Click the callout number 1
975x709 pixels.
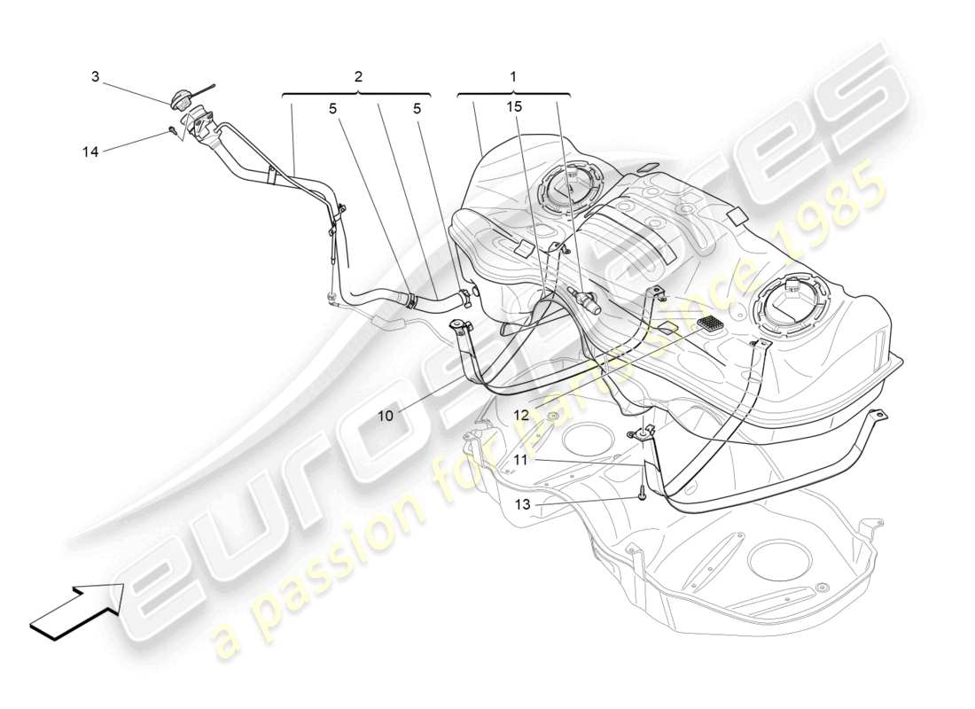(x=512, y=77)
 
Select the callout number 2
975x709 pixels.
(x=357, y=77)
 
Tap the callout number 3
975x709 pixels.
(x=95, y=77)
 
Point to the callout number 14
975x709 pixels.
(x=90, y=152)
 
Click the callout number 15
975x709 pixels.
(x=516, y=106)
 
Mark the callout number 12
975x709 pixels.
(x=520, y=414)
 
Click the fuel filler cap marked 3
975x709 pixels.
(x=183, y=99)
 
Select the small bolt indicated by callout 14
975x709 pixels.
(x=170, y=133)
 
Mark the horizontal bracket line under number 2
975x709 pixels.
(x=357, y=93)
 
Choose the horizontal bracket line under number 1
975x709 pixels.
(x=513, y=93)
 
